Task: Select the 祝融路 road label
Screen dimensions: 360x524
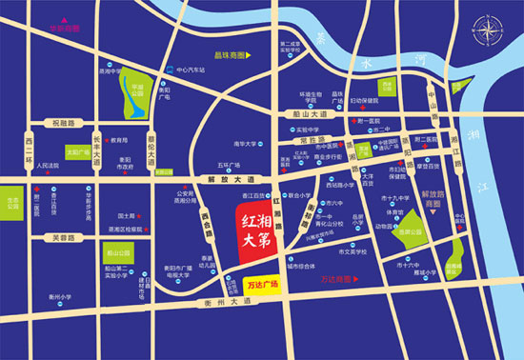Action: [64, 124]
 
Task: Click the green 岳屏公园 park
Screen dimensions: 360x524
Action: [413, 230]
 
